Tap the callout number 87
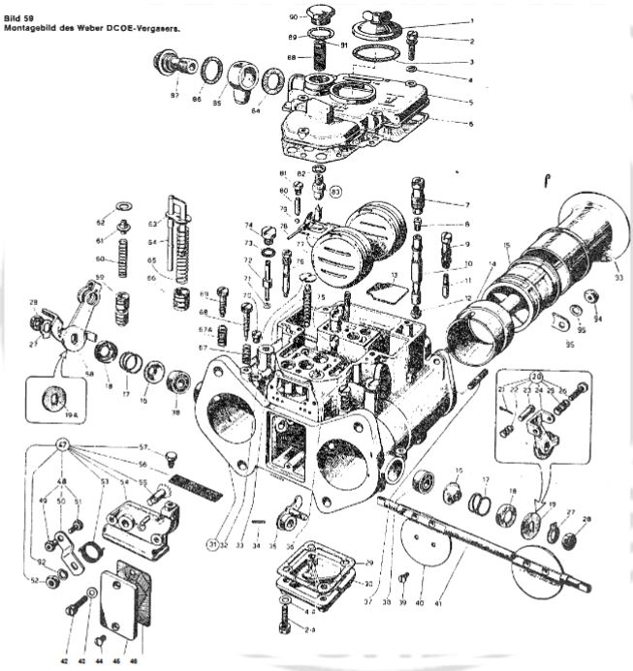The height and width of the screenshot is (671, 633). (174, 96)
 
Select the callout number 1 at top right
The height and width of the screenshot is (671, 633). (470, 19)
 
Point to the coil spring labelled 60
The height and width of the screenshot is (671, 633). (124, 260)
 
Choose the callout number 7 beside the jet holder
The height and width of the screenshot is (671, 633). (466, 205)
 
